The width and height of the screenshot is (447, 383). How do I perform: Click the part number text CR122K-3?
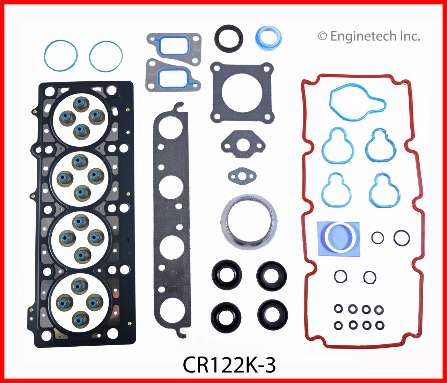tap(229, 365)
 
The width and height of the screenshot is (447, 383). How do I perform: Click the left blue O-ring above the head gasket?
tap(61, 56)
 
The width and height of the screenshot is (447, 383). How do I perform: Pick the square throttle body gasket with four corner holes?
tap(242, 92)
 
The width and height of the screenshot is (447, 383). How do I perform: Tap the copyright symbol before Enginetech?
tap(322, 37)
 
